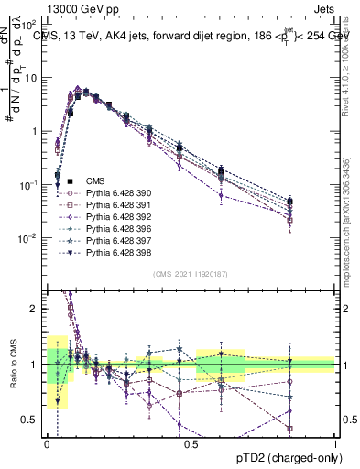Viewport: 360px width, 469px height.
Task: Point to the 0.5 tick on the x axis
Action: (x=191, y=444)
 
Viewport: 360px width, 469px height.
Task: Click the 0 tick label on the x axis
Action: (x=47, y=444)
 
